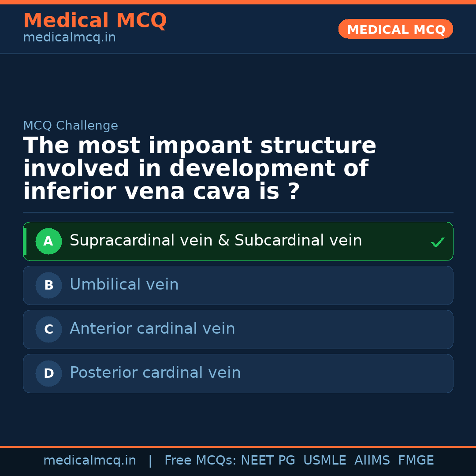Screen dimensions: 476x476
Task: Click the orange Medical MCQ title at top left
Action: coord(95,21)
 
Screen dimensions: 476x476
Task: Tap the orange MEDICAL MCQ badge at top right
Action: coord(396,30)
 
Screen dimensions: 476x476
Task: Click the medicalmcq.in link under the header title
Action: coord(69,38)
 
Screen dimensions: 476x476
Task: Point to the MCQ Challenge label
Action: coord(71,126)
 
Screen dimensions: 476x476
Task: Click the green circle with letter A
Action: coord(48,241)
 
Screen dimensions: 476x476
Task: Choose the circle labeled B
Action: coord(48,285)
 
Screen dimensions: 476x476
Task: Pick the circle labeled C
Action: coord(48,329)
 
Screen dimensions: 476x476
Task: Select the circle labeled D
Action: coord(48,373)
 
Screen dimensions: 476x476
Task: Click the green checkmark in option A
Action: coord(437,242)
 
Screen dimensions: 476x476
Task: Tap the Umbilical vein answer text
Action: coord(124,285)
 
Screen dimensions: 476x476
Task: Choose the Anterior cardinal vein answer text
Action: coord(152,329)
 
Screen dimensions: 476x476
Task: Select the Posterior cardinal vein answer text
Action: coord(155,373)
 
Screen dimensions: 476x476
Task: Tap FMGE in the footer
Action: coord(416,461)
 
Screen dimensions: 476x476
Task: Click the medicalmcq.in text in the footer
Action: coord(89,461)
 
